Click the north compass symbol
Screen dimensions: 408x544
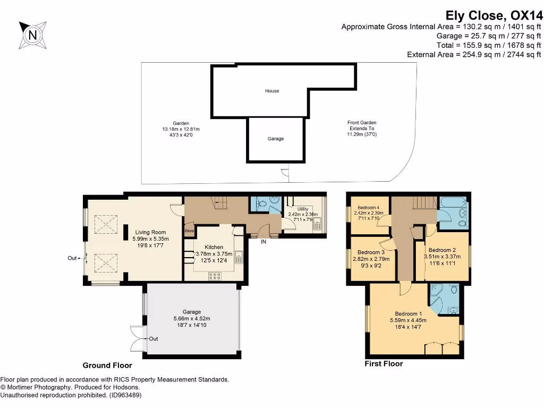33,36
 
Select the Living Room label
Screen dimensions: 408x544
150,232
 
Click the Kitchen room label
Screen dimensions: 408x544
214,248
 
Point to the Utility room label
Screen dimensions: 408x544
303,209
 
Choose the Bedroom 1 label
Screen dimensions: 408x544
409,313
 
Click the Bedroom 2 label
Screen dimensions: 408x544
443,250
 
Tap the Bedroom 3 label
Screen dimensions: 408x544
371,252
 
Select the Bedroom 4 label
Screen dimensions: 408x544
368,207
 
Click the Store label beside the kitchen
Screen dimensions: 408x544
190,231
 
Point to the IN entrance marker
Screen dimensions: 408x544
263,242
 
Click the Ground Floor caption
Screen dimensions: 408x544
107,365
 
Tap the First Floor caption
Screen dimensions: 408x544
384,364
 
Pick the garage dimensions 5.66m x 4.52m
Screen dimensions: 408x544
192,318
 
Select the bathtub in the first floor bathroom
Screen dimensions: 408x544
453,202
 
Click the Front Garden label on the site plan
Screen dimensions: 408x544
362,123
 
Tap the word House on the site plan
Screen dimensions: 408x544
272,91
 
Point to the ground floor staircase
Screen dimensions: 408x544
219,201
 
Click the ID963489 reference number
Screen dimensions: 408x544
125,395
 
